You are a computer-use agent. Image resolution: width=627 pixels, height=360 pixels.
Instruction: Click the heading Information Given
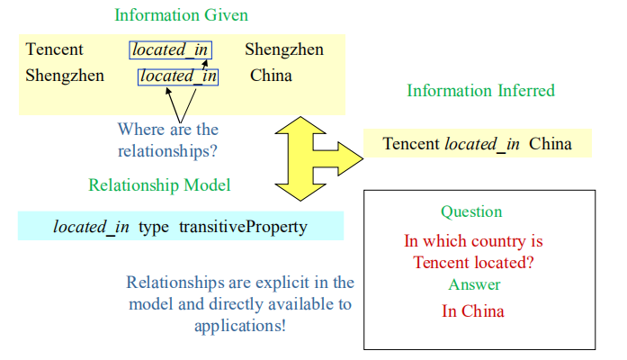(181, 15)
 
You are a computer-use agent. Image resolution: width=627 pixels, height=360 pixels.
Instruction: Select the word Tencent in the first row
(54, 49)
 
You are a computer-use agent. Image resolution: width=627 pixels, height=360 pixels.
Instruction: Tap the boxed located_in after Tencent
(171, 49)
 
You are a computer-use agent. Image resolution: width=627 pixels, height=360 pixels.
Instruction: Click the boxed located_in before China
(178, 76)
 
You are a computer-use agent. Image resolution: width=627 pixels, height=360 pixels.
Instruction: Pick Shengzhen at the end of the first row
(283, 49)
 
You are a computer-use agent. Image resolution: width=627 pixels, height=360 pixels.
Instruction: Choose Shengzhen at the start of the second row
(65, 76)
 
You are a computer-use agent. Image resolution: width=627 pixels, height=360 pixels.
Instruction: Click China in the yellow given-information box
(271, 76)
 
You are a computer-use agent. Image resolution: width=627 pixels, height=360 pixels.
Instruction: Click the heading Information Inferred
(480, 91)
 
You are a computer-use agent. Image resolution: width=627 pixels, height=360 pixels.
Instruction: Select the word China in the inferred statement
(551, 143)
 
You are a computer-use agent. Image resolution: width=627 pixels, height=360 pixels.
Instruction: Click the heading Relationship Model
(159, 185)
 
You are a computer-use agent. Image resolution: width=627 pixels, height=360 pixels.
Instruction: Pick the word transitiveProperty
(243, 226)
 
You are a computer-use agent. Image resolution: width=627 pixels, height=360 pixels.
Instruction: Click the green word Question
(471, 212)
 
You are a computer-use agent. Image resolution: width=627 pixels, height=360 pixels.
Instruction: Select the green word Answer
(474, 285)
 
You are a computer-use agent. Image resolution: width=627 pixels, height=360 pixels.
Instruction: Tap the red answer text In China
(473, 311)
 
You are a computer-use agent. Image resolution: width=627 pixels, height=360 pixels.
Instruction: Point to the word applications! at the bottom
(240, 325)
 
